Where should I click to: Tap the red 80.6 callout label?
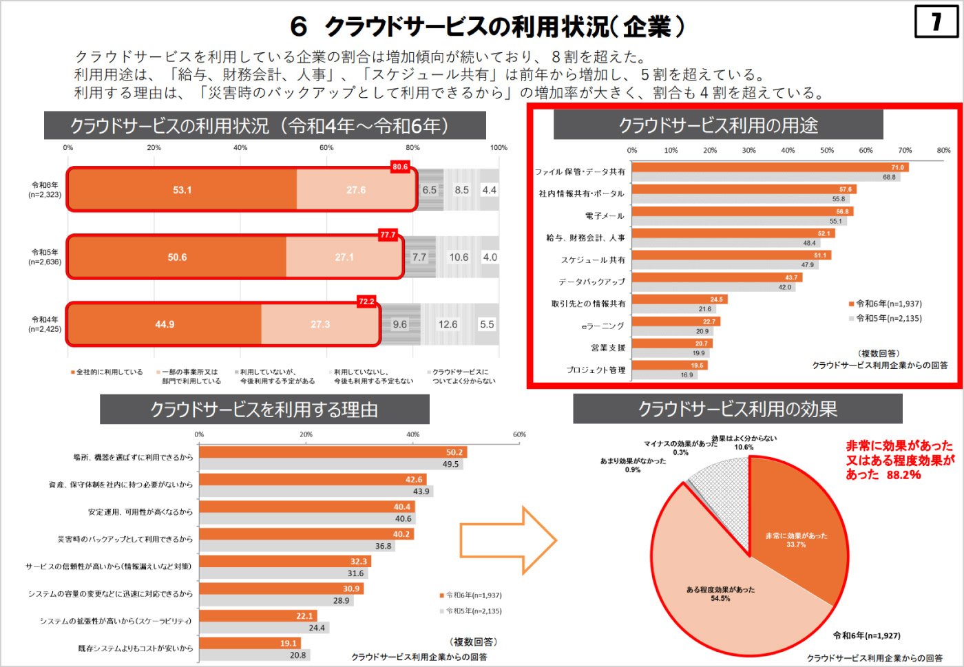coord(400,167)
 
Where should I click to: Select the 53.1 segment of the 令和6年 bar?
coord(182,190)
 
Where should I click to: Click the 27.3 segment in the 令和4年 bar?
coord(320,324)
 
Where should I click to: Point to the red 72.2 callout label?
coord(366,301)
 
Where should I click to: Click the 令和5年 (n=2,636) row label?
coord(45,257)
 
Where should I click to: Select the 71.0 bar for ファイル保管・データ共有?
coord(770,167)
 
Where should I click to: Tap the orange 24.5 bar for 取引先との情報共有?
coord(679,299)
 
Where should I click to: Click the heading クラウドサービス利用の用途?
coord(717,125)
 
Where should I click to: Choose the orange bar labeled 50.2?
coord(333,452)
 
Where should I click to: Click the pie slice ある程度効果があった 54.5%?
coord(720,593)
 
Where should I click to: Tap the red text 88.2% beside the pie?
coord(903,475)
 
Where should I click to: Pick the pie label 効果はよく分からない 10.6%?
coord(744,443)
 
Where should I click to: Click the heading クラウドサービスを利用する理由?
coord(264,410)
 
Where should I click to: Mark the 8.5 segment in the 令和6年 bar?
coord(461,190)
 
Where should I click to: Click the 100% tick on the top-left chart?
coord(499,147)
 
